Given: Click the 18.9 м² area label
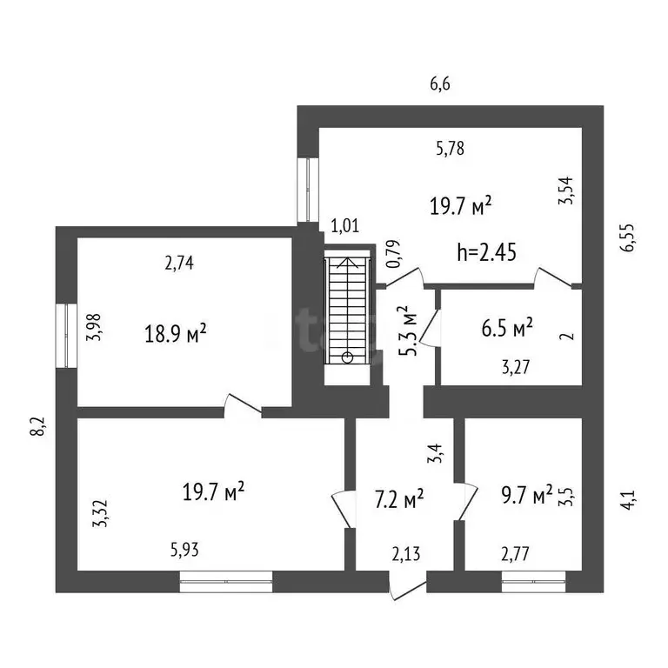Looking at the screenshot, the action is [176, 333].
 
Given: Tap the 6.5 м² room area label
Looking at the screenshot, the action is [507, 328].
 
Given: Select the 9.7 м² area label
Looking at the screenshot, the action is [527, 495].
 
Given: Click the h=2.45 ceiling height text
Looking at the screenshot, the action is [486, 251].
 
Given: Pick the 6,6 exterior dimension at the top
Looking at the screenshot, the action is [440, 84].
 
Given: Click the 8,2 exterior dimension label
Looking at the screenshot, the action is [37, 426].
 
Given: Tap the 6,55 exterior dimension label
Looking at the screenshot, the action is [627, 237].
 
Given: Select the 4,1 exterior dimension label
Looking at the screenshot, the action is [628, 500].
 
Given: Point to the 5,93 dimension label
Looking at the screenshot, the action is [184, 550].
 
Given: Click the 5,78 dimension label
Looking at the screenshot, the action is [451, 148].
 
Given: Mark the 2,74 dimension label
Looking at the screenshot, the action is [179, 263].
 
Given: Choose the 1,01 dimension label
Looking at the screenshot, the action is [345, 225].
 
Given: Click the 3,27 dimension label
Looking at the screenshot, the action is [516, 367].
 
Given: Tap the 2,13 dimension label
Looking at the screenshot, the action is [406, 554].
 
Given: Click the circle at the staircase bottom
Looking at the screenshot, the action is [348, 357].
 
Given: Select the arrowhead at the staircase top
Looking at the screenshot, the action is [348, 263].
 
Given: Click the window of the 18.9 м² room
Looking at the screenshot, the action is [66, 335].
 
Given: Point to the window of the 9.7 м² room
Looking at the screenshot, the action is [534, 582].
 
